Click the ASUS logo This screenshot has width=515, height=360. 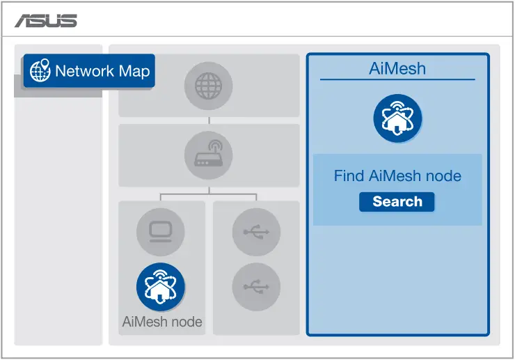pyautogui.click(x=46, y=21)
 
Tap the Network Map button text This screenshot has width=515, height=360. pyautogui.click(x=102, y=71)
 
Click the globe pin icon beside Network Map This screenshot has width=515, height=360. pyautogui.click(x=40, y=71)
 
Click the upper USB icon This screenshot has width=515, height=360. pyautogui.click(x=256, y=231)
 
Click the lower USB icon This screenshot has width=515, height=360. pyautogui.click(x=256, y=286)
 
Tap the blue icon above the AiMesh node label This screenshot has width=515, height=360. pyautogui.click(x=161, y=286)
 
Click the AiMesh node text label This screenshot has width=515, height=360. pyautogui.click(x=161, y=322)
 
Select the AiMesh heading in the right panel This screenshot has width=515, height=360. pyautogui.click(x=397, y=68)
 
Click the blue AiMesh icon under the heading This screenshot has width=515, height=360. pyautogui.click(x=397, y=118)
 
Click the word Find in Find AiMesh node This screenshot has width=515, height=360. pyautogui.click(x=349, y=176)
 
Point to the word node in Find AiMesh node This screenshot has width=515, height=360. pyautogui.click(x=443, y=176)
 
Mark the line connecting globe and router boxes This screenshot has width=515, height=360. pyautogui.click(x=209, y=120)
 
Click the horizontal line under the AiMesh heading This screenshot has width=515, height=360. pyautogui.click(x=397, y=79)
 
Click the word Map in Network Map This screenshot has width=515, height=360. pyautogui.click(x=134, y=71)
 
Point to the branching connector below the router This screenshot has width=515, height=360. pyautogui.click(x=209, y=194)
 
